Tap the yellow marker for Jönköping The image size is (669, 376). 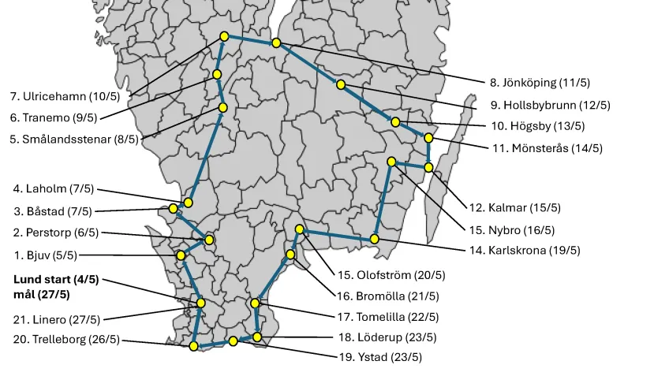click(276, 43)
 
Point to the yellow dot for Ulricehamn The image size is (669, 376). click(225, 36)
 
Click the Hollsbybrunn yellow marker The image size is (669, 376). click(340, 84)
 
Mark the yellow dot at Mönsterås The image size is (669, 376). click(428, 138)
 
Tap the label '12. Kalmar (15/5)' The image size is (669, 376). click(515, 208)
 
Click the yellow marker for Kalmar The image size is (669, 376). click(428, 167)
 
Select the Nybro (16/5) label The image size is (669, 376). click(511, 230)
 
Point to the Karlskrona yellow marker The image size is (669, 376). click(375, 238)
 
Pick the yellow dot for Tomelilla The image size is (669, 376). click(255, 303)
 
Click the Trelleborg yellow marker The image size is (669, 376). click(194, 346)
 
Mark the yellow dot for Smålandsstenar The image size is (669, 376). click(222, 107)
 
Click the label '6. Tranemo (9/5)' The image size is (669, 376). click(53, 117)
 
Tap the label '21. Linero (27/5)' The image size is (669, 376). click(56, 320)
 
